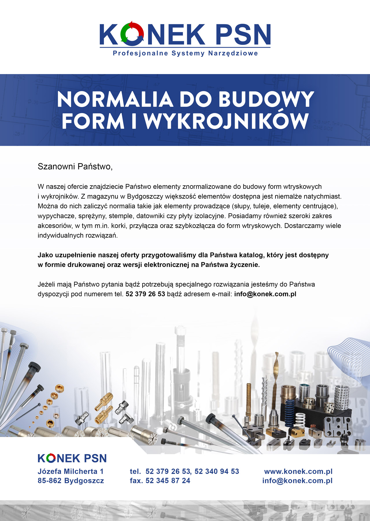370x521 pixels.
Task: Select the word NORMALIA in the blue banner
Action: [115, 99]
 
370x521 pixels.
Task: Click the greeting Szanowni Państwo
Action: [75, 167]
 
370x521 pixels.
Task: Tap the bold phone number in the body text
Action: [145, 294]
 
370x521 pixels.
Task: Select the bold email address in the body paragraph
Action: [265, 294]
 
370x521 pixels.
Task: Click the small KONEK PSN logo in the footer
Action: [72, 458]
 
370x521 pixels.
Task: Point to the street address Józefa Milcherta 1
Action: [71, 471]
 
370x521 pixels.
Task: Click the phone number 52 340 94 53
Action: [217, 471]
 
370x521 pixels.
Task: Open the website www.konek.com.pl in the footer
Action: [298, 471]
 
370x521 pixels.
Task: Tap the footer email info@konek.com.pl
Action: [297, 481]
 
